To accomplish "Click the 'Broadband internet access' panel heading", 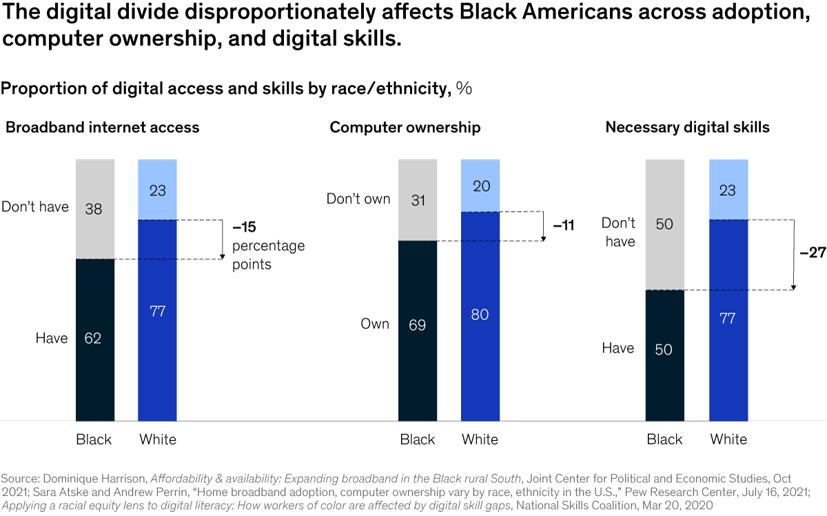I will tap(102, 128).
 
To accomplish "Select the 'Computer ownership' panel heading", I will tap(405, 128).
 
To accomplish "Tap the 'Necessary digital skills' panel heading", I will tap(687, 128).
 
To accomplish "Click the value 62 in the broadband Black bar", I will tap(94, 338).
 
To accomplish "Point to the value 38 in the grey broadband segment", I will tap(94, 208).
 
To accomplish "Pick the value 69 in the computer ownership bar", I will tap(417, 324).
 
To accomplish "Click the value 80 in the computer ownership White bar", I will tap(480, 315).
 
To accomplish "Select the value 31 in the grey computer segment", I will tap(417, 200).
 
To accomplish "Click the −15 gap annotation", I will tap(244, 226).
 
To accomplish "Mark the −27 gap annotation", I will tap(813, 252).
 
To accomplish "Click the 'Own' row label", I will tap(376, 324).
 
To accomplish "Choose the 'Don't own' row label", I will tap(358, 199).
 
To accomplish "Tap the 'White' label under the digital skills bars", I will tap(728, 439).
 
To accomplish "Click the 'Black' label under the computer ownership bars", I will tap(417, 439).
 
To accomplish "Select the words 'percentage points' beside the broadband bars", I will tap(268, 255).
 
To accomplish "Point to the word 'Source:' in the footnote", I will tap(21, 478).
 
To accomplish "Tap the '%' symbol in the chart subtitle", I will tap(464, 88).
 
